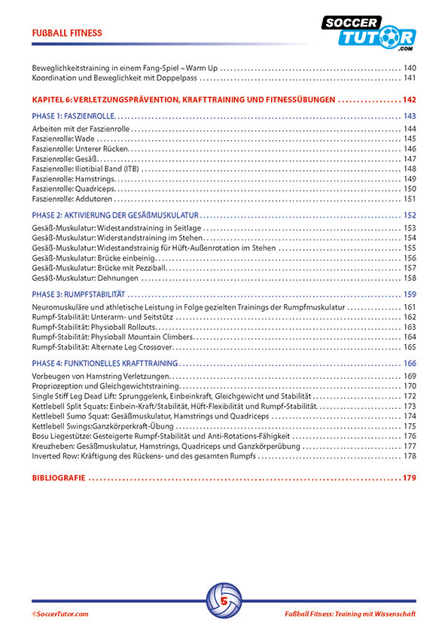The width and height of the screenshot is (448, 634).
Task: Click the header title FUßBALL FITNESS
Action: click(67, 33)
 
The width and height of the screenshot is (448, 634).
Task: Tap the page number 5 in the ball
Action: click(224, 602)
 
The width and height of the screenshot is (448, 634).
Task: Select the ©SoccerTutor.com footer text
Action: click(60, 614)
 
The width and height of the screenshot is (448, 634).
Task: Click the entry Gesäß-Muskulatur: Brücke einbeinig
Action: click(94, 258)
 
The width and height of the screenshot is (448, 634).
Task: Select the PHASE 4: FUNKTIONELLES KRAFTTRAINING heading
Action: click(105, 363)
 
